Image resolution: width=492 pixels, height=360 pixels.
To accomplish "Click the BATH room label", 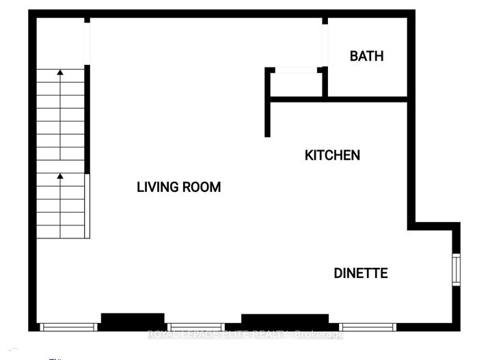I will coord(366,56).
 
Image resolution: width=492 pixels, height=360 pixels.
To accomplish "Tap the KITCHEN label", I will coord(332,156).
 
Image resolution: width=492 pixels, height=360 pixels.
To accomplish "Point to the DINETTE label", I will coord(361,273).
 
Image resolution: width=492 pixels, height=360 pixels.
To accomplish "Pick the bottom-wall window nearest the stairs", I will coord(70,327).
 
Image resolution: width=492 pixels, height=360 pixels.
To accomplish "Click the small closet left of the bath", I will coord(295,83).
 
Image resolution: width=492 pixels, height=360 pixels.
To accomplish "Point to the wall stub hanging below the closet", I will coord(268,118).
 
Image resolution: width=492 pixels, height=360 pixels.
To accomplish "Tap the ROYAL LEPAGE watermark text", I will coord(246,334).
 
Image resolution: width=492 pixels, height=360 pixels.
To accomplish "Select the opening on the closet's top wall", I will coord(295,69).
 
